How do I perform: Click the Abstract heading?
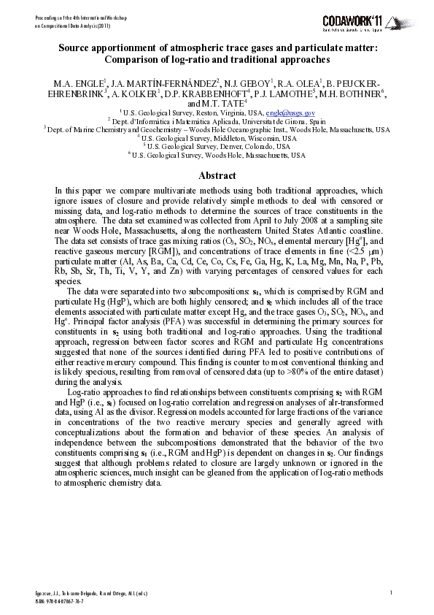point(217,175)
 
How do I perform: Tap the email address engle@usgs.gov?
point(290,113)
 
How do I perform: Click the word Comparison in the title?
point(133,59)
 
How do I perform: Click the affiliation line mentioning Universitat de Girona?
point(217,121)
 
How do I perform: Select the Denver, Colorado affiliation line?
point(217,145)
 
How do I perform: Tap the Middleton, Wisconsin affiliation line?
point(217,137)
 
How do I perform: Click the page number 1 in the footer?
point(392,592)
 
